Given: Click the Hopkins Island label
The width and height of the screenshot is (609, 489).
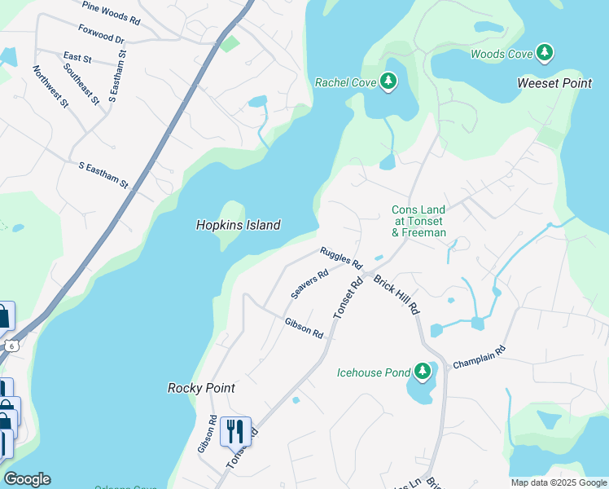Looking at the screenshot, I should (x=238, y=225).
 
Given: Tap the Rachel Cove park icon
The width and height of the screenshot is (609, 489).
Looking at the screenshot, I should (x=389, y=81).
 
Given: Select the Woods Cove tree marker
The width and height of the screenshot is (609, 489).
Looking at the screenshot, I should (x=545, y=54).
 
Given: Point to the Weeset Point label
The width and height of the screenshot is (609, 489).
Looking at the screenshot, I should (x=554, y=83).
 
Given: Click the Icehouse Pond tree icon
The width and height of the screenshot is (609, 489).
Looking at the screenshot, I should (x=422, y=372).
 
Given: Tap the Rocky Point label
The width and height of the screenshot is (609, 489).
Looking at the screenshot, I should (x=201, y=388).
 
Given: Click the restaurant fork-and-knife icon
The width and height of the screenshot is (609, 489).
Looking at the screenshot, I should (x=235, y=432).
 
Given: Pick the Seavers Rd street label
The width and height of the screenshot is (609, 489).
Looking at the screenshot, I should (x=309, y=284).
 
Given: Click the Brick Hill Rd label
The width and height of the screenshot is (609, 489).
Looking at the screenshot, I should (x=397, y=295).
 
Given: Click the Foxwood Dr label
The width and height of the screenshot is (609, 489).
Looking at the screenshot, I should (x=101, y=34).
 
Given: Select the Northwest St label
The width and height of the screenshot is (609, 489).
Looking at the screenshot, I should (x=51, y=83).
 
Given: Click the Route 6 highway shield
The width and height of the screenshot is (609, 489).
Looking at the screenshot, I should (x=11, y=346).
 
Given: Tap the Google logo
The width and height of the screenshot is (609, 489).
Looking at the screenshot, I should (x=27, y=479).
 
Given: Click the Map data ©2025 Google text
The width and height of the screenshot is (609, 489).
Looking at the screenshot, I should (x=558, y=482).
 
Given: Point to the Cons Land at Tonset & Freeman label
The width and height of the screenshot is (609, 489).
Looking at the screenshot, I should (x=418, y=221).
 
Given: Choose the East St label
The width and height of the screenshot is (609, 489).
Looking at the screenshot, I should (x=77, y=57).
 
